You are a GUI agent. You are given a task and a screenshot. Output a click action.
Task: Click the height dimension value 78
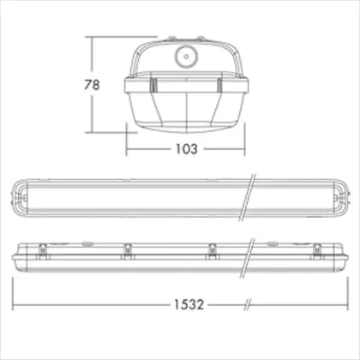92,85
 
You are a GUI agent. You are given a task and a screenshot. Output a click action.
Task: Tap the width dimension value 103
187,149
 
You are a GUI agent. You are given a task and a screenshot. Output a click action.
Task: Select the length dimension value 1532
189,304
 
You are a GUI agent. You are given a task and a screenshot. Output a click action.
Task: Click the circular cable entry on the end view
186,57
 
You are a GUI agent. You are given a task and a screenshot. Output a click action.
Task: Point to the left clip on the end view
153,85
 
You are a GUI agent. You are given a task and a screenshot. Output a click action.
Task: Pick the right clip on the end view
219,85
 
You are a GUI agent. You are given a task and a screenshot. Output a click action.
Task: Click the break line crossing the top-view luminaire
247,197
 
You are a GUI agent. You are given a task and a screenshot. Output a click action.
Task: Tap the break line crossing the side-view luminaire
247,258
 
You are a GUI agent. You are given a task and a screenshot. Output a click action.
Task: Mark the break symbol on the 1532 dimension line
248,305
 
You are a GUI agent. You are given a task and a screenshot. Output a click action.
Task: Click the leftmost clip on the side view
43,252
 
